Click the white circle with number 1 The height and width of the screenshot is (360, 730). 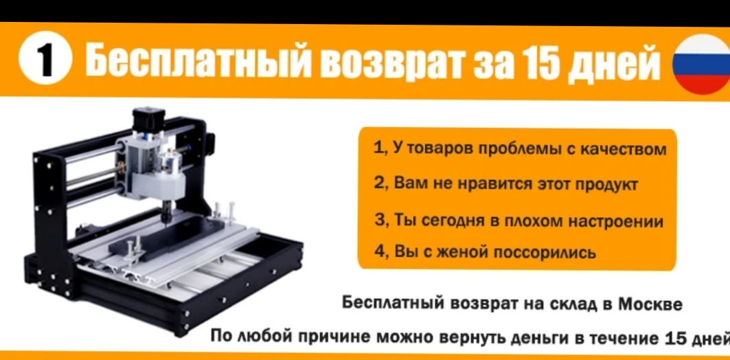point(45,62)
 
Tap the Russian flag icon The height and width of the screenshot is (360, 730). point(702,65)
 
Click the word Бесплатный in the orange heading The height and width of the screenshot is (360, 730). point(196,61)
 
